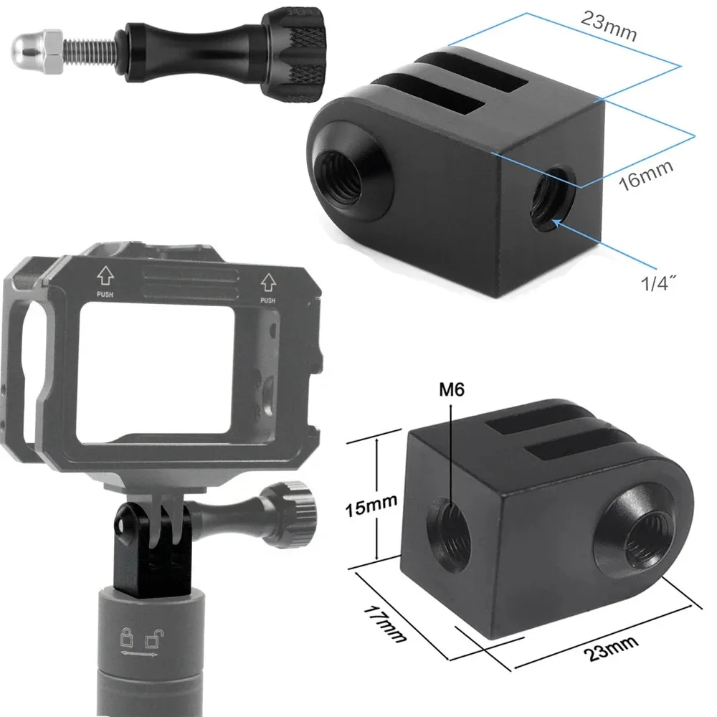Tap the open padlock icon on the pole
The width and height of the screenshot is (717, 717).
[153, 637]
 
